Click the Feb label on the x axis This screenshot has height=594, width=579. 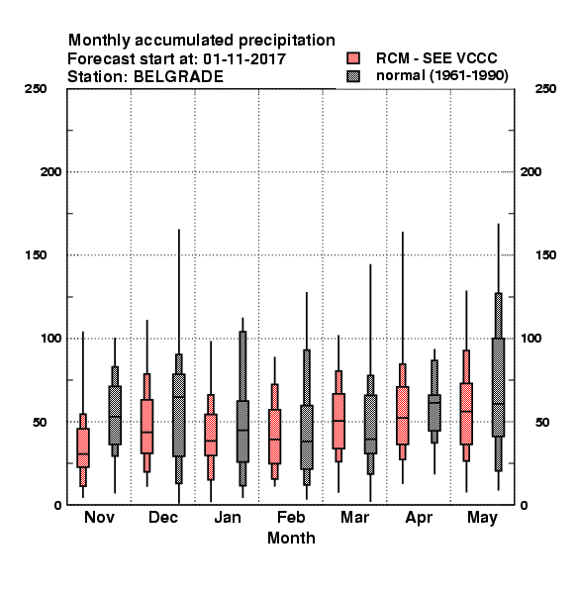click(x=291, y=517)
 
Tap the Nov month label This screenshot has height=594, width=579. click(x=99, y=517)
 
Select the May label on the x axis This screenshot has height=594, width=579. click(x=482, y=518)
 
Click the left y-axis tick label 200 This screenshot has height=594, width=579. click(x=50, y=172)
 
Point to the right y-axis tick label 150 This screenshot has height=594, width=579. click(x=545, y=255)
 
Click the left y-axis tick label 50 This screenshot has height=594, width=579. click(x=40, y=422)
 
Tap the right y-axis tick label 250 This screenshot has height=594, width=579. click(x=545, y=89)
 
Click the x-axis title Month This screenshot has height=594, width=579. click(x=291, y=538)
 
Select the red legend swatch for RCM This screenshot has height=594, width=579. click(x=353, y=58)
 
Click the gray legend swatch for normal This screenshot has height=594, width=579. click(x=353, y=76)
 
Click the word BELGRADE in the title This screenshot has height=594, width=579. click(x=178, y=77)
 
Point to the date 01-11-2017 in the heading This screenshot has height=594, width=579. click(x=244, y=59)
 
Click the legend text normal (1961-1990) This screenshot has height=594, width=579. click(x=442, y=76)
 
